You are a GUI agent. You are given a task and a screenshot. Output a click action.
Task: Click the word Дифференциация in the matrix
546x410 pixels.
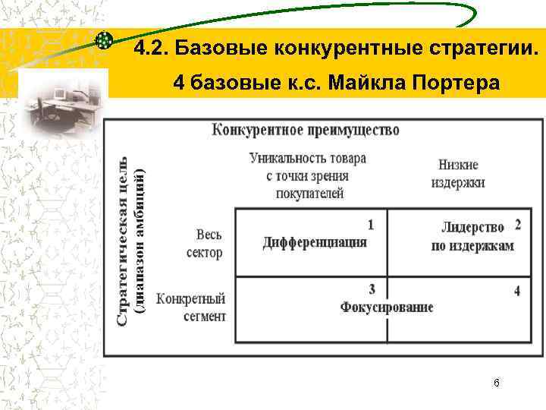pos(315,242)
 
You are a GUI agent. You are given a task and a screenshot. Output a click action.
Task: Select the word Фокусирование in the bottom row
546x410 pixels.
pos(387,307)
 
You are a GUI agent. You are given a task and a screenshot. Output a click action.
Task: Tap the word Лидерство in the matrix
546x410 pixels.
pos(472,227)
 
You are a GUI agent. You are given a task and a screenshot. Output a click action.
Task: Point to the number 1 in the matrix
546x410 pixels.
pos(371,225)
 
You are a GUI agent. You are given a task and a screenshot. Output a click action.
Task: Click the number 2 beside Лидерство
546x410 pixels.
pos(517,224)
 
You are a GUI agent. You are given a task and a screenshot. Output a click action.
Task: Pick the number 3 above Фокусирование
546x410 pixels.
pos(372,289)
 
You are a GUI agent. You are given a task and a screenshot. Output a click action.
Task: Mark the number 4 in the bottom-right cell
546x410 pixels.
pos(516,291)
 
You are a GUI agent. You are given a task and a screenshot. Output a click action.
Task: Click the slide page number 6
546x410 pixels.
pos(496,383)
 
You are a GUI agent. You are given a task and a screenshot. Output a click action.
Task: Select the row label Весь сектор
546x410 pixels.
pos(204,244)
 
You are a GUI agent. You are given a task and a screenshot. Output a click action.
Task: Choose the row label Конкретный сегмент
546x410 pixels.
pos(191,307)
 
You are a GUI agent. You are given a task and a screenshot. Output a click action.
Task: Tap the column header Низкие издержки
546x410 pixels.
pos(458,174)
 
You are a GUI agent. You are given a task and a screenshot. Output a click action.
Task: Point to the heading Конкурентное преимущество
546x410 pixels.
pos(306,130)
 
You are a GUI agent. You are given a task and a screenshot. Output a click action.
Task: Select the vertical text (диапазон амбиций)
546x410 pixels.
pos(140,241)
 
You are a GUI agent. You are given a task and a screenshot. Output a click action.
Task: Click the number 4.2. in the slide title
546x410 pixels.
pos(150,49)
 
